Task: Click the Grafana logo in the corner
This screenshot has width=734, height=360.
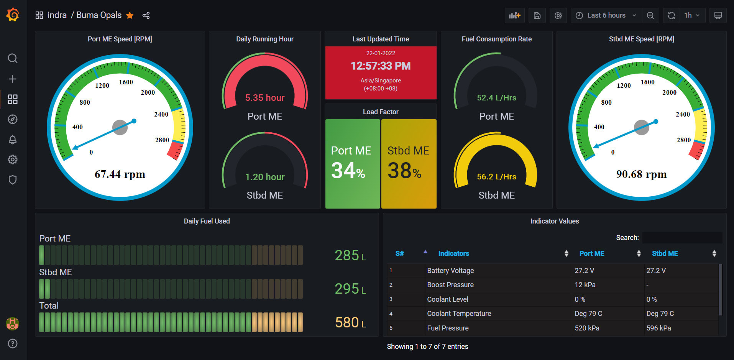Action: click(13, 15)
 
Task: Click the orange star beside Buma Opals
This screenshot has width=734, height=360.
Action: click(130, 15)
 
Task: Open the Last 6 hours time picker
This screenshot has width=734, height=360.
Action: click(606, 15)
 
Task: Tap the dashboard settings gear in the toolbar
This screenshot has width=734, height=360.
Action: click(558, 15)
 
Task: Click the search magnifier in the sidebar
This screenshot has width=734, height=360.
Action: click(13, 58)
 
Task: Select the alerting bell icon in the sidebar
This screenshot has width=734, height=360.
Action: click(13, 140)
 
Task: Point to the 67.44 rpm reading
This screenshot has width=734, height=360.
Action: click(120, 174)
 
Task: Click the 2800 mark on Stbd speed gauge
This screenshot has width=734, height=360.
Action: click(683, 140)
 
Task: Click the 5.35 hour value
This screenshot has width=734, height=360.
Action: click(265, 98)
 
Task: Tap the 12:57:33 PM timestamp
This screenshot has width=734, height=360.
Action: click(381, 66)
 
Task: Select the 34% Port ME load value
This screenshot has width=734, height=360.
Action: click(348, 171)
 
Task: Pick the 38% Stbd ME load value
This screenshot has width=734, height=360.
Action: click(404, 171)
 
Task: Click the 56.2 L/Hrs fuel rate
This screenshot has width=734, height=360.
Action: click(496, 177)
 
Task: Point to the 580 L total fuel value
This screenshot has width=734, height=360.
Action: click(350, 322)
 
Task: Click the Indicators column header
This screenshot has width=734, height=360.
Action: click(453, 253)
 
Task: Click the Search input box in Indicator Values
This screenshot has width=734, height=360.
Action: click(682, 238)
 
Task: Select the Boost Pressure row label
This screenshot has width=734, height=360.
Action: click(450, 285)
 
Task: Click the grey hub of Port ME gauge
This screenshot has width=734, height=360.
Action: click(120, 127)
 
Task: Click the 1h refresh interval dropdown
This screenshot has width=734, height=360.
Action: click(691, 15)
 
